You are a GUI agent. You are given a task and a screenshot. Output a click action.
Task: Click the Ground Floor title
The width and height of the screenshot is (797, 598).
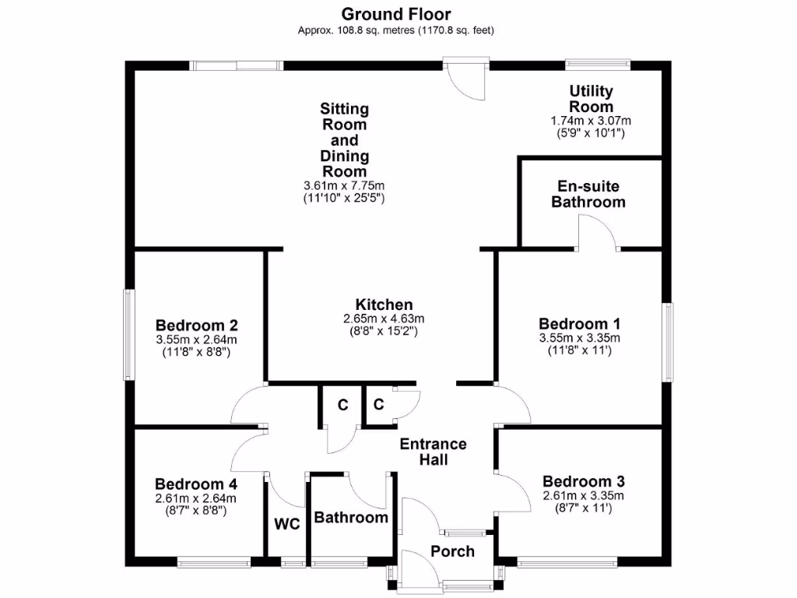click(396, 14)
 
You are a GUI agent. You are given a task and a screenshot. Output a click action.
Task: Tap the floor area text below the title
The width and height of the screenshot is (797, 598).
click(396, 30)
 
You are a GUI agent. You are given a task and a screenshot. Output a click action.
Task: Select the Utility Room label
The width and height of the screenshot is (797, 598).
click(591, 99)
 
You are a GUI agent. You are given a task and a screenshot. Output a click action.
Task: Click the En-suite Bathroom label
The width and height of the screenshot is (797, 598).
click(588, 194)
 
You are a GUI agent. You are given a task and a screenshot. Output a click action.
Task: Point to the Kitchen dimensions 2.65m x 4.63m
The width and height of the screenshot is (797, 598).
click(384, 319)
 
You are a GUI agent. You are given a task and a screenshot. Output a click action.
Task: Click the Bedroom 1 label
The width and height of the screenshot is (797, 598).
click(579, 323)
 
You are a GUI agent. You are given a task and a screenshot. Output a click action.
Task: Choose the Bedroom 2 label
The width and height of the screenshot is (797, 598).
click(197, 325)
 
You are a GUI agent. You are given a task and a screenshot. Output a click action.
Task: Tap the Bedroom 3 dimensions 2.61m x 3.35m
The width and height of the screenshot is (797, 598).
click(583, 496)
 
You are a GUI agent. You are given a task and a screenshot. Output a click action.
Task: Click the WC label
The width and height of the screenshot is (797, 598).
click(286, 524)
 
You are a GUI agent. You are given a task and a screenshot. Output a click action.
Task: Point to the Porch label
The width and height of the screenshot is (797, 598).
click(452, 551)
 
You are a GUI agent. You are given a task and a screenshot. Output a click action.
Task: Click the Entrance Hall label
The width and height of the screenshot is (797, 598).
click(433, 452)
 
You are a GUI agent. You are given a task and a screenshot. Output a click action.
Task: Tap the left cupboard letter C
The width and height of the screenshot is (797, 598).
click(342, 405)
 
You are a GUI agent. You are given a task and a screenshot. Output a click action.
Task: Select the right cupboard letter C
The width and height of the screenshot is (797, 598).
click(378, 405)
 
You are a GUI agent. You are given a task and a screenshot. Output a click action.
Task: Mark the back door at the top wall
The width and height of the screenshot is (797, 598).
click(465, 78)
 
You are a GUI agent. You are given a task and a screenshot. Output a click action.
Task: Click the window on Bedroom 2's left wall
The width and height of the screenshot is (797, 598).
click(129, 335)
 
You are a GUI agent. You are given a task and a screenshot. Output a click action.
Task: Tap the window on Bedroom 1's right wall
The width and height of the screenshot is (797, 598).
click(667, 343)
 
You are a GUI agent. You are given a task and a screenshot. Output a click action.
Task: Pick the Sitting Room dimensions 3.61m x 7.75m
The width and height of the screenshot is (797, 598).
click(344, 185)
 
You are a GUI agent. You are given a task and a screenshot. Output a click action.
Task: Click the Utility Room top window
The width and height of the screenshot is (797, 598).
click(597, 65)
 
